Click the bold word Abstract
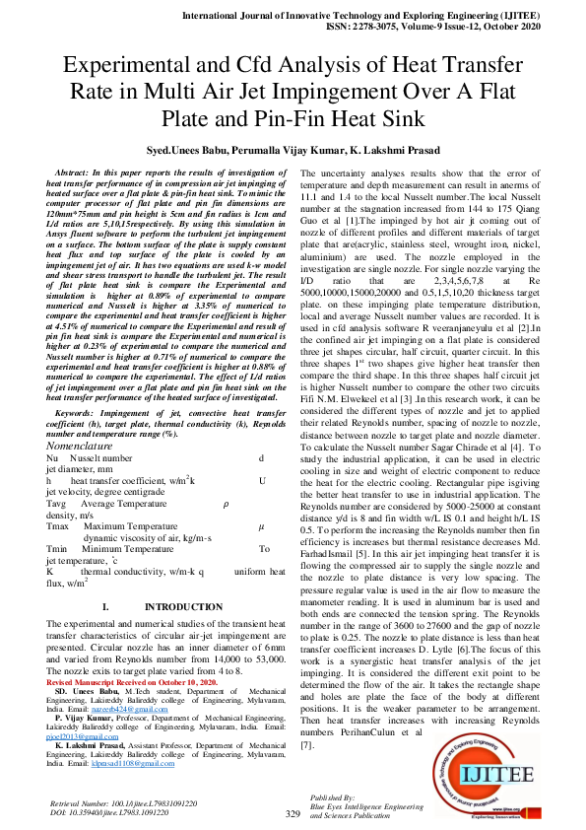tap(80, 173)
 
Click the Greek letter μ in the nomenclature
tap(261, 527)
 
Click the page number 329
tap(293, 813)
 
